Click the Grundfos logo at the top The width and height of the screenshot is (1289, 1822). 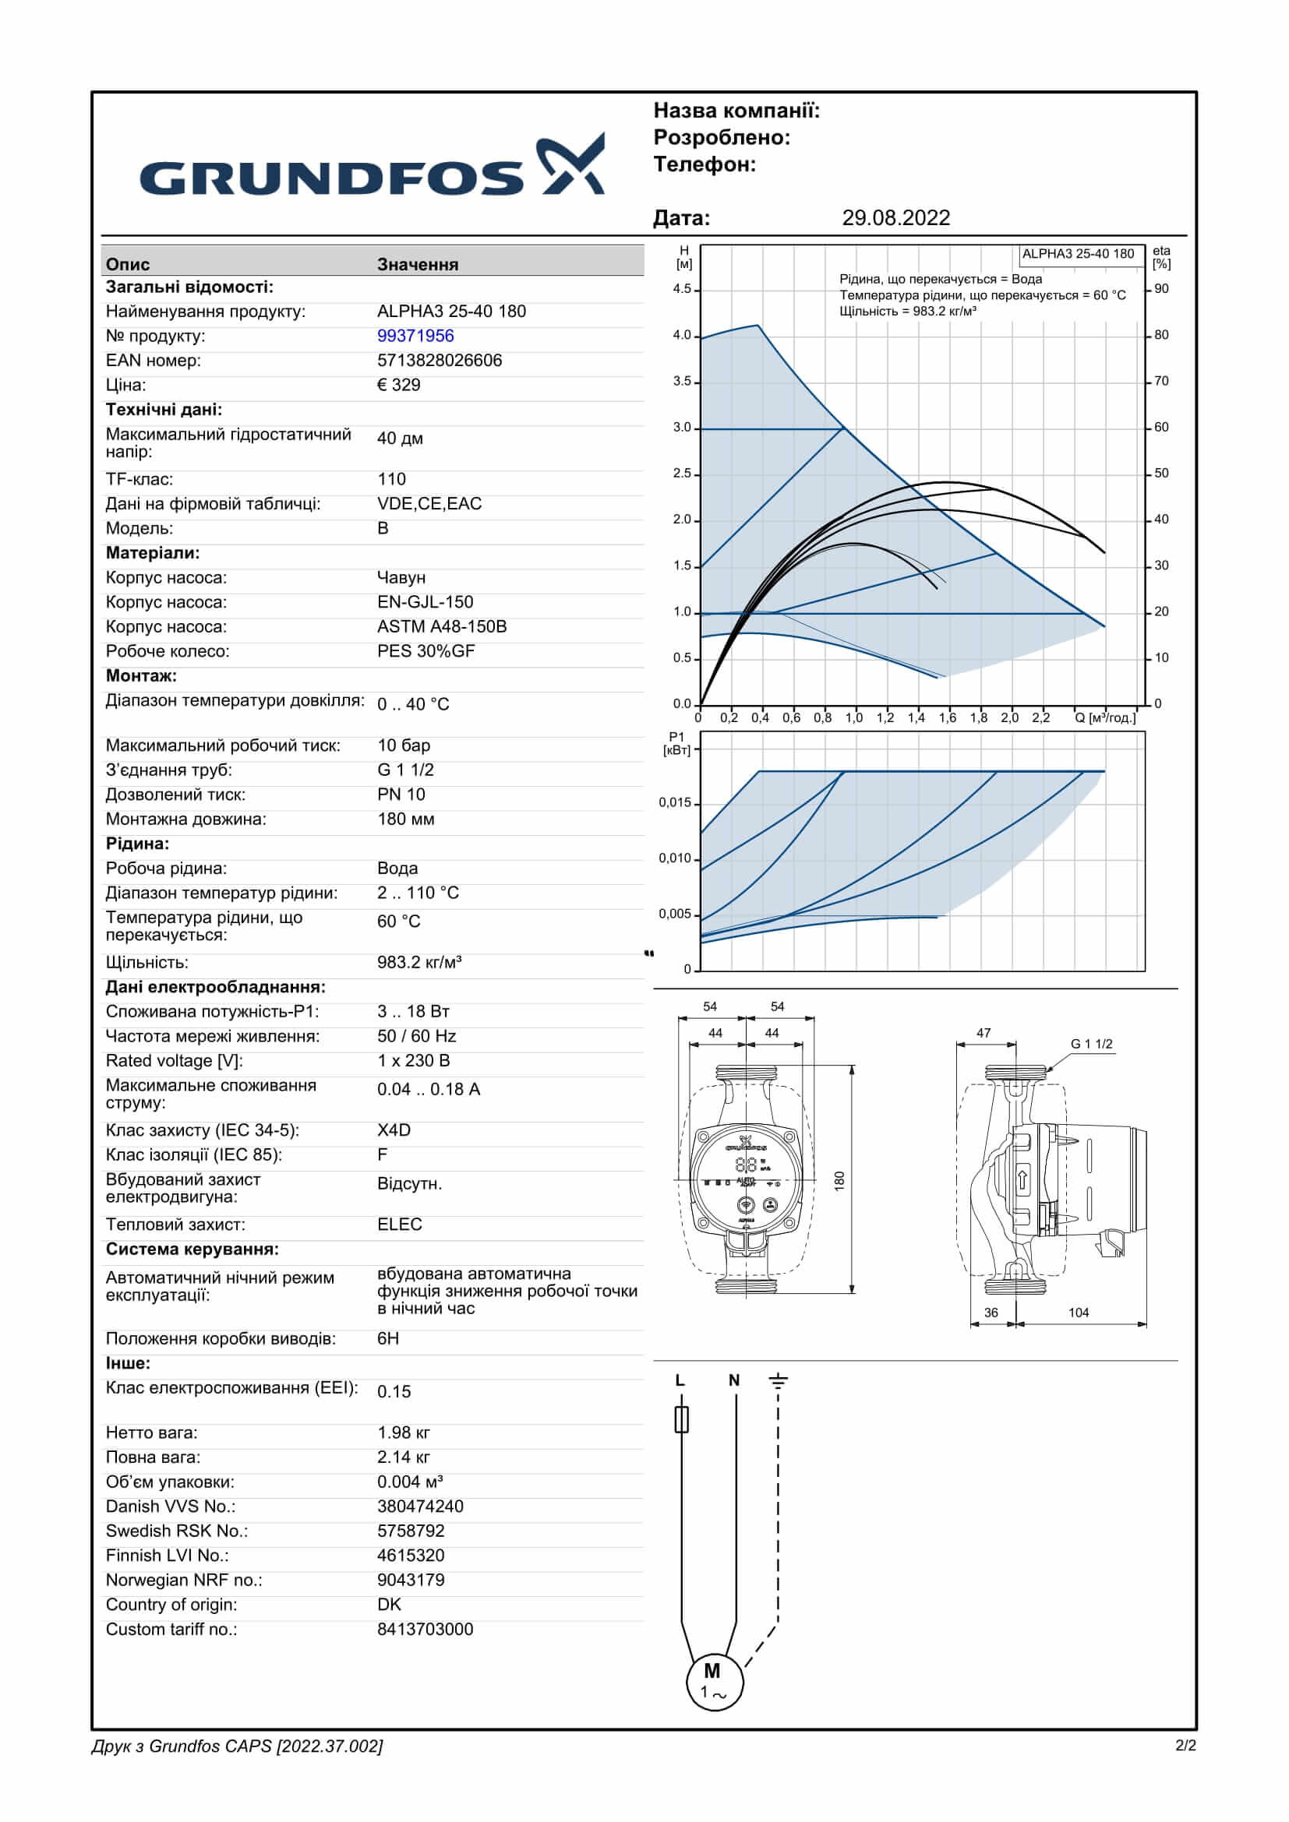click(372, 167)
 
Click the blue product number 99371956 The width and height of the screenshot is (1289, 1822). click(415, 336)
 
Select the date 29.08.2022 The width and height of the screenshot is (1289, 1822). click(895, 218)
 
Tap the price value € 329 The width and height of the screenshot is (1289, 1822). click(398, 385)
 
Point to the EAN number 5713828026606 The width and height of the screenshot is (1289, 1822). click(439, 361)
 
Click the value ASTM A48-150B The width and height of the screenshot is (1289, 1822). click(441, 626)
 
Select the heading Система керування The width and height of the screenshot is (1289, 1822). click(192, 1249)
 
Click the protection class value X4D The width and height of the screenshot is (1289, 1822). click(394, 1130)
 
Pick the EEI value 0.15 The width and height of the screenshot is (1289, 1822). click(394, 1391)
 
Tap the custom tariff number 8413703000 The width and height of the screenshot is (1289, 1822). click(425, 1629)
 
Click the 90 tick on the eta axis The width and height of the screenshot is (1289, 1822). click(1161, 289)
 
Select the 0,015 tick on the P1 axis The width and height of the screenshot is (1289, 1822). click(675, 802)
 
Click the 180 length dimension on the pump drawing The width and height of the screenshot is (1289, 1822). click(840, 1181)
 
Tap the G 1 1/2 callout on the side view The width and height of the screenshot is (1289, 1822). click(1091, 1045)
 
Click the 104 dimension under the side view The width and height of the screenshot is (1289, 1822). click(1078, 1313)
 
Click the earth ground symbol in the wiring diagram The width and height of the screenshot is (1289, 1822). click(778, 1382)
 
